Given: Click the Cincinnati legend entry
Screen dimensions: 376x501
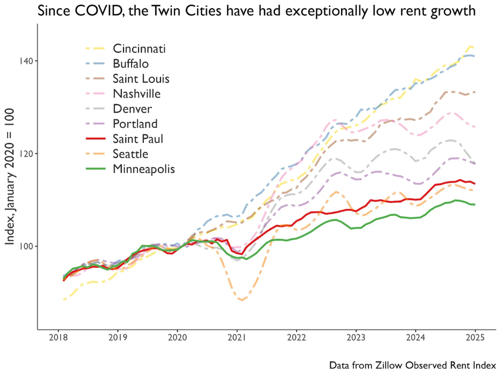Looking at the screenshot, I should [139, 48].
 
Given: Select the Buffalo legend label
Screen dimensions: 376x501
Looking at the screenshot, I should [131, 64].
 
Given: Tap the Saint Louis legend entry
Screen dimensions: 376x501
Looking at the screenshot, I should [141, 79].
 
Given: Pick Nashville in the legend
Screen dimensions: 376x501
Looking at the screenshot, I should [137, 94].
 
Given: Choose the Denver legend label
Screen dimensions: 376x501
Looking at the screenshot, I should [132, 109].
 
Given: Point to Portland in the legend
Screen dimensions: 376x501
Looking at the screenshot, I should [135, 124].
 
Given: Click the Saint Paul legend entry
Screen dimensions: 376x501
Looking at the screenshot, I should [138, 139].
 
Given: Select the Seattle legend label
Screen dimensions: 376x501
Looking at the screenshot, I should [131, 154].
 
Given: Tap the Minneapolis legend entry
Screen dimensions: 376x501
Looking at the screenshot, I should [144, 169].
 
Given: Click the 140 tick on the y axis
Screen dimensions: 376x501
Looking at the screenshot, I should [26, 61].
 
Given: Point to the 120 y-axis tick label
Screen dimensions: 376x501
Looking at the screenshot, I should [26, 153].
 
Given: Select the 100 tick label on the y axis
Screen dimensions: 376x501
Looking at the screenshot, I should [26, 246].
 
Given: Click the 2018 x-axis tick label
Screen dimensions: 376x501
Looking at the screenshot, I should [58, 338].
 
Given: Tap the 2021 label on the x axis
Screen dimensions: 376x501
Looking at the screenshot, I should [237, 338].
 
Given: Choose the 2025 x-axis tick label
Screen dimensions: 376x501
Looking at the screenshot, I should [475, 338].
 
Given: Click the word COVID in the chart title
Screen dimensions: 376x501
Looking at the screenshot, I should [96, 11].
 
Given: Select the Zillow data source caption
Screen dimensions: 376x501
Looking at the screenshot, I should [412, 365].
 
